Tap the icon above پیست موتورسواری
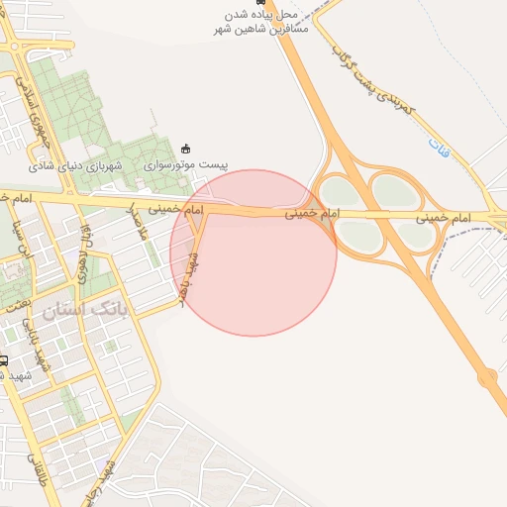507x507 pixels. (185, 149)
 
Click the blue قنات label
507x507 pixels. (438, 146)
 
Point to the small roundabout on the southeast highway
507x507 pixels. (487, 376)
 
